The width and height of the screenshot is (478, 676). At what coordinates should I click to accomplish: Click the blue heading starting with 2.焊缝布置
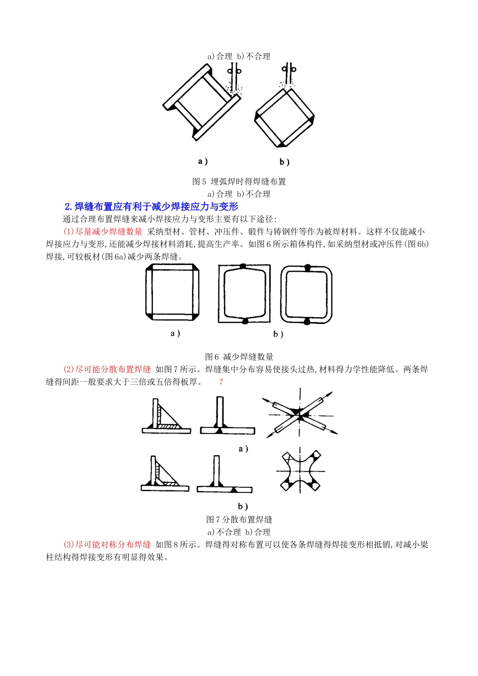tap(151, 206)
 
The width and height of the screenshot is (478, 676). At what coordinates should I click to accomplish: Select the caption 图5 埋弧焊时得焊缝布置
tap(239, 181)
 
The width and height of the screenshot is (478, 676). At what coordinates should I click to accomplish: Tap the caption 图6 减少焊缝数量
tap(239, 357)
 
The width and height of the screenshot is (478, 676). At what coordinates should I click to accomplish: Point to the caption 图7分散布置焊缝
tap(239, 519)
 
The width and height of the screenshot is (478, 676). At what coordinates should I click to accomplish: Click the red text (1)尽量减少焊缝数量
tap(103, 231)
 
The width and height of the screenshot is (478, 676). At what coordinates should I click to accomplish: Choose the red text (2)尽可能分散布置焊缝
tap(107, 369)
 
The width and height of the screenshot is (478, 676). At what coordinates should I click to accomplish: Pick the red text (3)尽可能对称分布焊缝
tap(107, 544)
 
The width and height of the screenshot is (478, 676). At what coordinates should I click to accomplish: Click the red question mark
tap(220, 382)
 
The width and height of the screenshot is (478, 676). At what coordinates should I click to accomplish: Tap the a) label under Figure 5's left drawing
tap(203, 161)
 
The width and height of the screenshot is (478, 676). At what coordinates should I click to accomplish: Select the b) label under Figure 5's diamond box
tap(284, 162)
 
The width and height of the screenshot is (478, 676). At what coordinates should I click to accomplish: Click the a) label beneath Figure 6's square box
tap(175, 333)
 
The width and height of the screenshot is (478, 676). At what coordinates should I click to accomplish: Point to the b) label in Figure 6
tap(278, 334)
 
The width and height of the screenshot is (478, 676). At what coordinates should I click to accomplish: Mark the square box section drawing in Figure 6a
tap(173, 292)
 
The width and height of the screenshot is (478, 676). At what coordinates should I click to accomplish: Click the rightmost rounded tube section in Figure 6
tap(306, 294)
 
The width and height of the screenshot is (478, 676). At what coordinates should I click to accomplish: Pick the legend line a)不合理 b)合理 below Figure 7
tap(239, 532)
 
